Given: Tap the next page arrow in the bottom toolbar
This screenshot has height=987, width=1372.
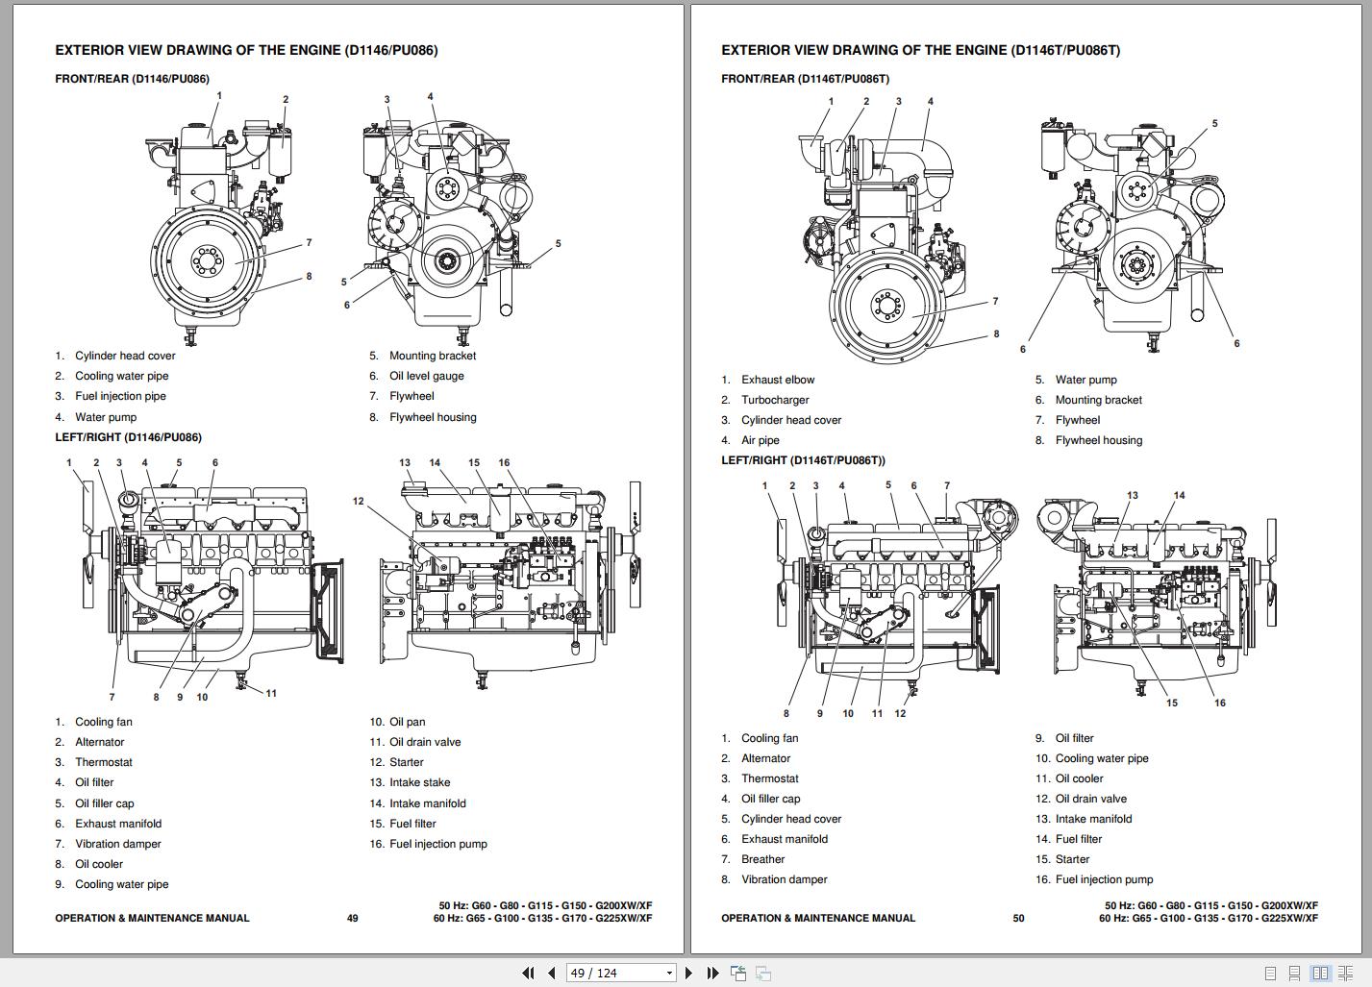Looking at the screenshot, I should tap(688, 973).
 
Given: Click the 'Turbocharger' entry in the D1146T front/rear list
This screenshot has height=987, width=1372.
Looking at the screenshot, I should tap(775, 400).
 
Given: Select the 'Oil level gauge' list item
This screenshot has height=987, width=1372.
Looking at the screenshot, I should tap(426, 376).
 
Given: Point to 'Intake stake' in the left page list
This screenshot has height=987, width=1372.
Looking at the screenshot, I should tap(419, 782).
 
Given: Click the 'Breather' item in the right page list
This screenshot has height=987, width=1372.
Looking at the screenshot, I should tap(762, 859).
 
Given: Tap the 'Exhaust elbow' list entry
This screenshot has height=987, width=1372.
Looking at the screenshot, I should tap(777, 380).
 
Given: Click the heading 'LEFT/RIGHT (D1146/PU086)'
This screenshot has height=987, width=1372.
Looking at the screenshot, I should tap(128, 437).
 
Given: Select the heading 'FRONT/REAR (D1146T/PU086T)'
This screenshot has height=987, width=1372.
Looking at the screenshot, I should tap(805, 79).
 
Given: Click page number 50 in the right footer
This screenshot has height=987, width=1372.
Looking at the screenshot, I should tap(1018, 918).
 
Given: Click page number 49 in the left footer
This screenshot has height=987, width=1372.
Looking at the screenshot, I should tap(352, 918).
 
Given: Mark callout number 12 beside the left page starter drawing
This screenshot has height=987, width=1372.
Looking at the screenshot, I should tap(359, 501).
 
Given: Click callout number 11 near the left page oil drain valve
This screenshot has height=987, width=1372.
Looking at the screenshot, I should tap(271, 693).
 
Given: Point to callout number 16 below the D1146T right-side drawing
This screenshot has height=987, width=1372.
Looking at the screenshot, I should tap(1219, 703).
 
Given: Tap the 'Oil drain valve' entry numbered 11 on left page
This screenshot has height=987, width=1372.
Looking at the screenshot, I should tap(424, 742).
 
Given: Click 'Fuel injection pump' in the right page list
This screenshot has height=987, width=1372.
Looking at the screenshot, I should tap(1104, 879).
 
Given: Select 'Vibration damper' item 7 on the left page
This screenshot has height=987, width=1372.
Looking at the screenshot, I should tap(117, 844).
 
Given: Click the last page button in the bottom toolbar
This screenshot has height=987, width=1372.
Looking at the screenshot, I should tap(712, 973).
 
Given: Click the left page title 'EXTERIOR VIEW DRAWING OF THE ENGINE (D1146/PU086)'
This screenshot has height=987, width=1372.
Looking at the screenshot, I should tap(246, 50).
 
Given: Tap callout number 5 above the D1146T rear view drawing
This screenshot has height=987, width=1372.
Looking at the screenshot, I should tap(1214, 123).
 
